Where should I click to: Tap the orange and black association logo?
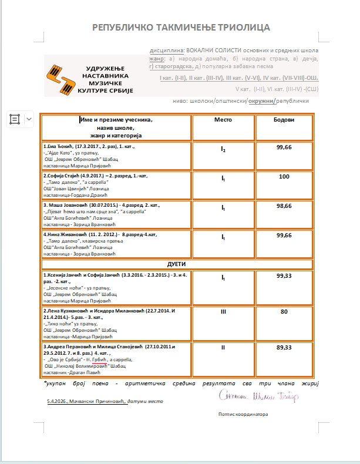(63, 79)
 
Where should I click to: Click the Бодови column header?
(284, 120)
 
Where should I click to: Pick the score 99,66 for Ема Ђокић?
(284, 147)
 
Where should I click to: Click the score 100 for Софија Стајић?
(284, 176)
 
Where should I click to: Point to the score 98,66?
(284, 206)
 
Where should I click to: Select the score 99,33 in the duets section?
(284, 275)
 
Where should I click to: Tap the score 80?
(284, 311)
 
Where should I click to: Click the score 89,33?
(284, 348)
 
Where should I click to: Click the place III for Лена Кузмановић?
(223, 312)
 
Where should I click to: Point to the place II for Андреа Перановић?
(223, 348)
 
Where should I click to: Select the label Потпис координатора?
(243, 413)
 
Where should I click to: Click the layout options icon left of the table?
(14, 119)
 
